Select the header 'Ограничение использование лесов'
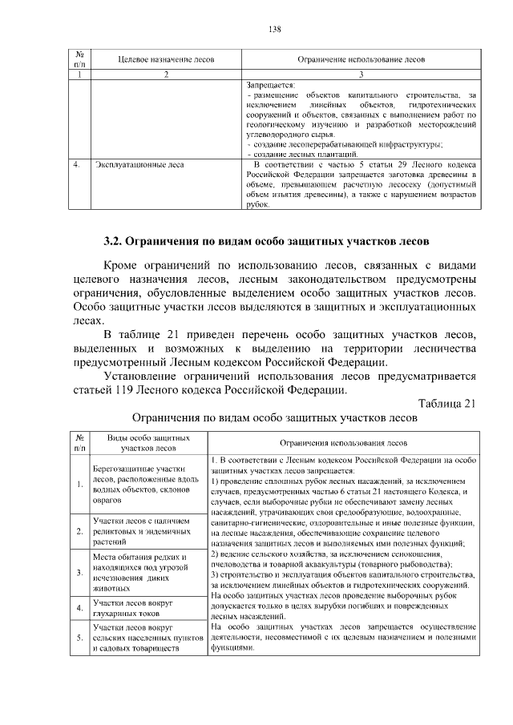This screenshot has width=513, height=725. pyautogui.click(x=361, y=60)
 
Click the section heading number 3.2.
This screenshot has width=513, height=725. pyautogui.click(x=119, y=241)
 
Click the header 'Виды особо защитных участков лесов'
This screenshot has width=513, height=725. pyautogui.click(x=142, y=445)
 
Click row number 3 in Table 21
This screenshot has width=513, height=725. pyautogui.click(x=80, y=573)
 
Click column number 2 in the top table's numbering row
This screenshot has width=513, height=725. pyautogui.click(x=166, y=74)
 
